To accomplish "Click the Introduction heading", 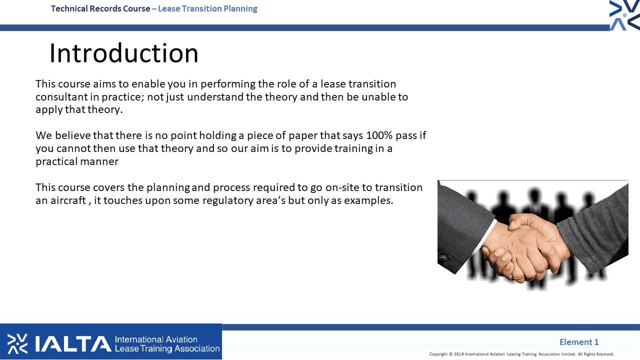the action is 123,53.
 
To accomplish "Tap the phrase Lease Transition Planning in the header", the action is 207,9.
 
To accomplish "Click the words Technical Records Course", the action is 100,9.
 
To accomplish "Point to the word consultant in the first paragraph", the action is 61,97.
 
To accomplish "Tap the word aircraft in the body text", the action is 68,200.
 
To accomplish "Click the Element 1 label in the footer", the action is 579,342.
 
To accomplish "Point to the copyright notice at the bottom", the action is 521,354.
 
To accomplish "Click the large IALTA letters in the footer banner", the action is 73,343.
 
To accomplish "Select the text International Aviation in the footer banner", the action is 156,339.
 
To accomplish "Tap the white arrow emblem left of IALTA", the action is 17,343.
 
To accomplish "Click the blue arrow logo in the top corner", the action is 624,15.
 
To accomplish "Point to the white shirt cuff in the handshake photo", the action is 485,237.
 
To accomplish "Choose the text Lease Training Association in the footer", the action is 167,348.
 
